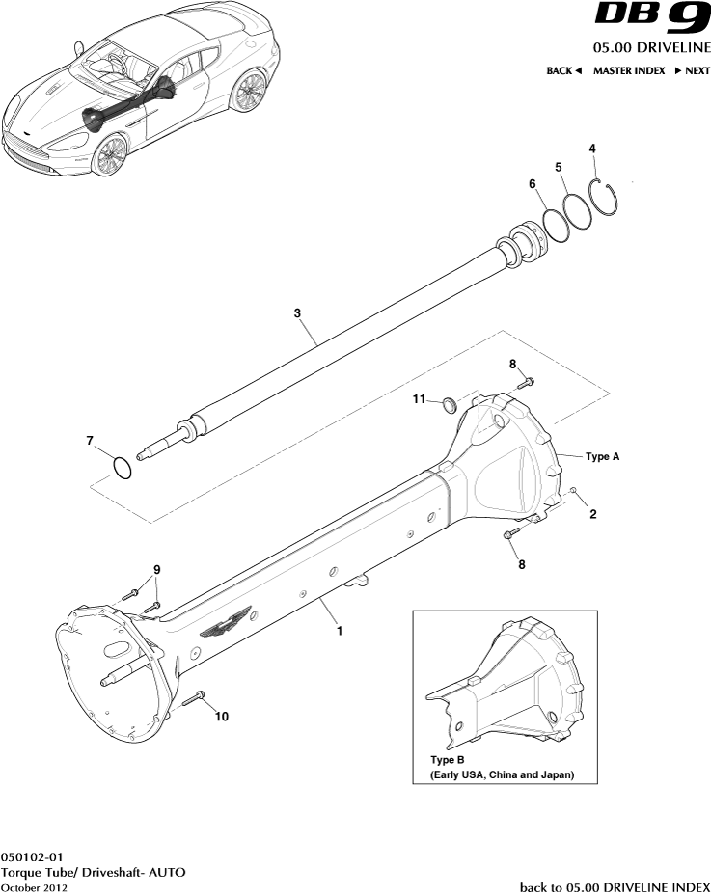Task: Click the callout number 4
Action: click(x=592, y=149)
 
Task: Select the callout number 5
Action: click(x=559, y=167)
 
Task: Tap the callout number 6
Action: click(x=532, y=183)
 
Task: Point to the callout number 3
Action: click(x=298, y=312)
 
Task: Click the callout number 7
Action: click(x=90, y=441)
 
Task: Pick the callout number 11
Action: click(x=420, y=398)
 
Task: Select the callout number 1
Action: click(x=339, y=633)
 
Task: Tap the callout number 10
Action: click(x=222, y=717)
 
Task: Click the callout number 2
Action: click(x=592, y=514)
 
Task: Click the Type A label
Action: click(x=602, y=456)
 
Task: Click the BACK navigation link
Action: click(x=564, y=70)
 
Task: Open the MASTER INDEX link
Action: click(x=629, y=70)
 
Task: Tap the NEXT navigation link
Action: click(x=692, y=70)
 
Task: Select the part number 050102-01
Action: click(x=33, y=856)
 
